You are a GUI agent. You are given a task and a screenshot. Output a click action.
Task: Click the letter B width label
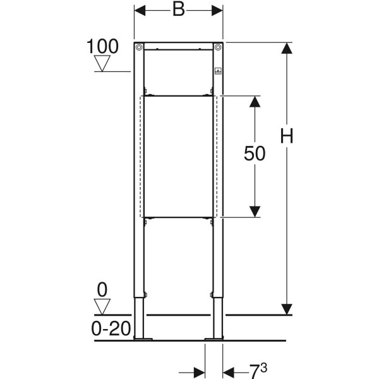pos(179,10)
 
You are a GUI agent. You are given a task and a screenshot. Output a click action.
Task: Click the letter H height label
pos(287,136)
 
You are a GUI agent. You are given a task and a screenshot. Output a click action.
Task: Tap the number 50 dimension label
pos(255,153)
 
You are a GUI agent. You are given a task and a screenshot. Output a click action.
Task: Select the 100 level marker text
pos(102,46)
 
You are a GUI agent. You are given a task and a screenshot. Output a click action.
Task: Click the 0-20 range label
pos(111,328)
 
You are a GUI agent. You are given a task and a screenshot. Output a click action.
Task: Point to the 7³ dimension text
pos(258,371)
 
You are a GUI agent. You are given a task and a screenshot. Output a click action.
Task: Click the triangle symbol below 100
pos(102,63)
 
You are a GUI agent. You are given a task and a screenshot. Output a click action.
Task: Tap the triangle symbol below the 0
pos(102,307)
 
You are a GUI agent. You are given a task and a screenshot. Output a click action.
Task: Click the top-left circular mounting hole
pos(139,47)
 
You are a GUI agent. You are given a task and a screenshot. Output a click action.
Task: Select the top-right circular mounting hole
pos(218,47)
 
